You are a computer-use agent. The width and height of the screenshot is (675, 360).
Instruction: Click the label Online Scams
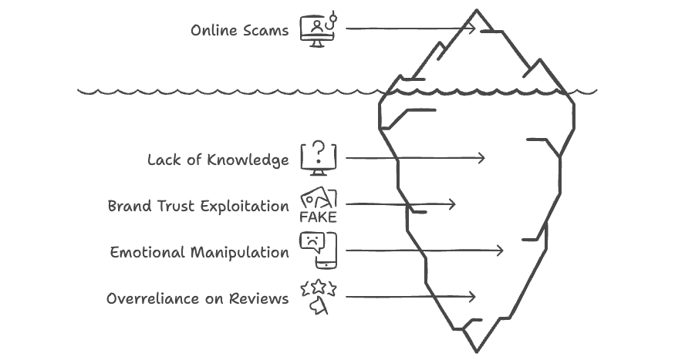240,31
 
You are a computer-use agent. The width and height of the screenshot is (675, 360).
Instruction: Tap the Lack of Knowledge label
218,160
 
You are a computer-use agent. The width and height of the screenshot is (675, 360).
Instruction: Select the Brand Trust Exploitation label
198,207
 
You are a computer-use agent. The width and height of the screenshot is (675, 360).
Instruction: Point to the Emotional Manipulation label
200,253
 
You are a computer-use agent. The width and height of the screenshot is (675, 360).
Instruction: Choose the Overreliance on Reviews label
198,299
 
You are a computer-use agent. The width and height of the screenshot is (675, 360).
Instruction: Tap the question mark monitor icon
318,158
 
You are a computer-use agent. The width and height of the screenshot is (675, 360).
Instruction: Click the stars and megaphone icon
318,298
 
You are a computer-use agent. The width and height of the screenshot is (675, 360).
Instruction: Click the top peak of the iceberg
477,10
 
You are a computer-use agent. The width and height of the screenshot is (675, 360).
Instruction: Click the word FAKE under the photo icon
318,217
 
